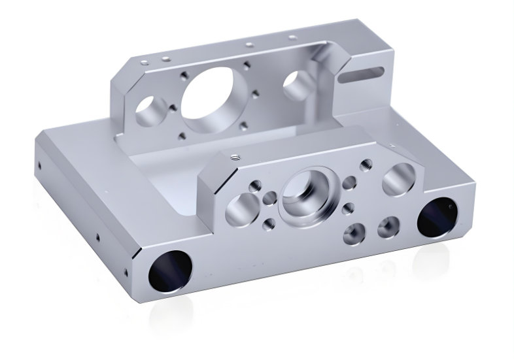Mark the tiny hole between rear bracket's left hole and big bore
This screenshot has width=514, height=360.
coord(173,108)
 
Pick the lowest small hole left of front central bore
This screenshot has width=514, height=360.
coord(269,225)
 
